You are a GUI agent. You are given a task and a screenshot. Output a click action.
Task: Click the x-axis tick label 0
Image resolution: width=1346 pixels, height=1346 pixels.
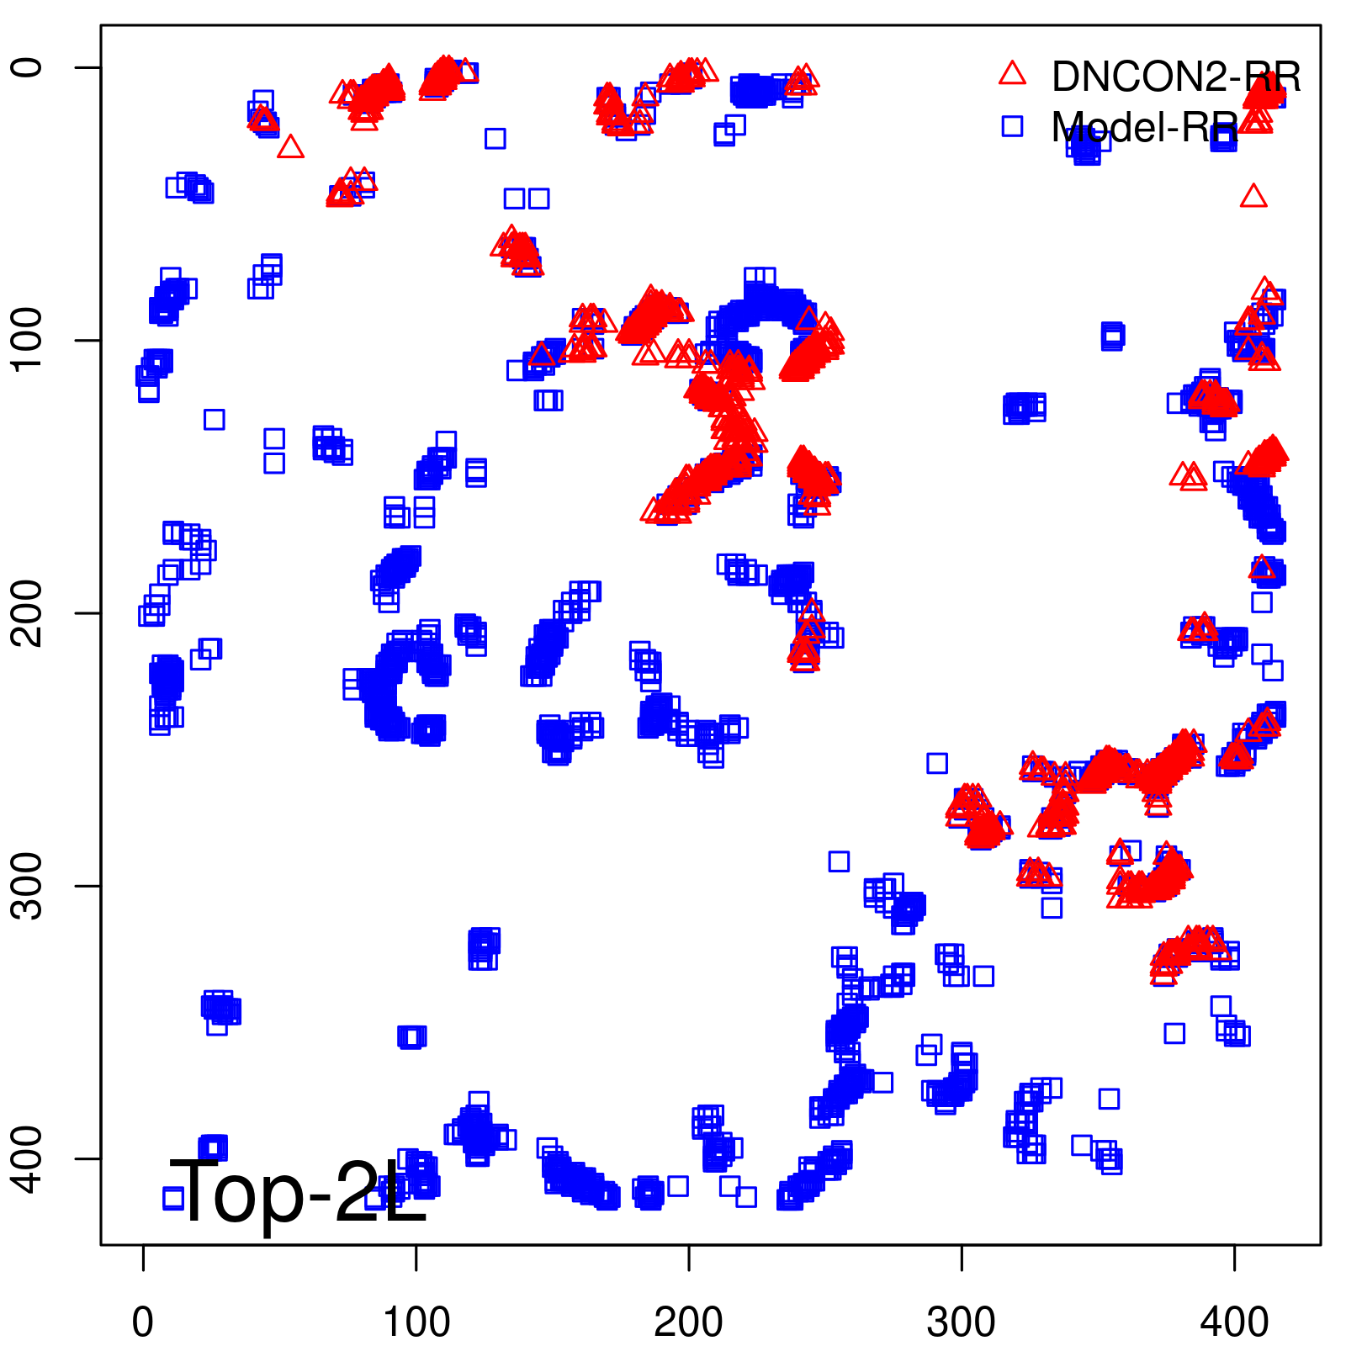click(143, 1322)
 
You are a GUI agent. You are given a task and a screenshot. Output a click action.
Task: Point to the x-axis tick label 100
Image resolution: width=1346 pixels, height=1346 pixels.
click(416, 1322)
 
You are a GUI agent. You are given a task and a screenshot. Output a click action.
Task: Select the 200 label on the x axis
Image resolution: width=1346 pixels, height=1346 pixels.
click(688, 1322)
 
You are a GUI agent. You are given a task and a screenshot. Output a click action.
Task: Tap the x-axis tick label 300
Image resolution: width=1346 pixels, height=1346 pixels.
click(961, 1322)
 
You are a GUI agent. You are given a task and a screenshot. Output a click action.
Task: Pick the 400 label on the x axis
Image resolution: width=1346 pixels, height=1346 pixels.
click(1233, 1322)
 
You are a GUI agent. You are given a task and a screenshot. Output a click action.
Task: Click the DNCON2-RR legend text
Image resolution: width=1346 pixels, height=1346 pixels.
click(1175, 77)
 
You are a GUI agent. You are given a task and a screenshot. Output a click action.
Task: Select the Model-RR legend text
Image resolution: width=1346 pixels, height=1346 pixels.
click(1144, 127)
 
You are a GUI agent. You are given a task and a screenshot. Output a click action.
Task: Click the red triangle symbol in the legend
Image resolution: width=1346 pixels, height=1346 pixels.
click(1012, 74)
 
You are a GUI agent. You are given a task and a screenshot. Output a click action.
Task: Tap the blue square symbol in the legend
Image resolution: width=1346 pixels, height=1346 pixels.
click(1012, 126)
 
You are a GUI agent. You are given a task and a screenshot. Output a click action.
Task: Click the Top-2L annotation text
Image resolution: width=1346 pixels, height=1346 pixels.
click(299, 1192)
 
